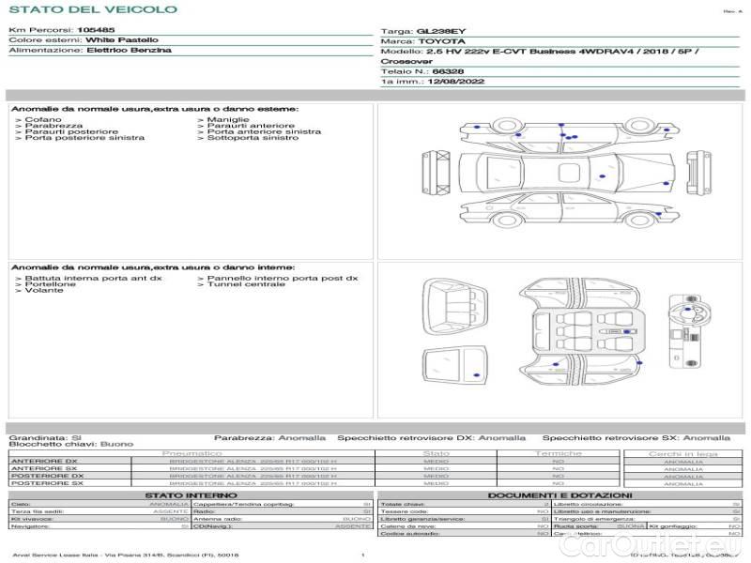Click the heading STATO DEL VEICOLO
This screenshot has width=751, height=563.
point(92,9)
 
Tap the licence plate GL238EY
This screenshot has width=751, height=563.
point(440,31)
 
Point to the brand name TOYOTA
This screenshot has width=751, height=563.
point(439,41)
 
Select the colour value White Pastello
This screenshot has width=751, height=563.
point(122,40)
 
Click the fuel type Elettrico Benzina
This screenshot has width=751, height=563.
point(129,50)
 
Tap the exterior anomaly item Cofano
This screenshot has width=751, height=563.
point(43,120)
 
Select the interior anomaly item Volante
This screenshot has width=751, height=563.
point(44,290)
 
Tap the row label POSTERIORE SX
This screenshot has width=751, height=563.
point(47,483)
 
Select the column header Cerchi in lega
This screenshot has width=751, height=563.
point(683,453)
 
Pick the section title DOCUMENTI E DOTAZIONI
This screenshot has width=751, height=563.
point(559,495)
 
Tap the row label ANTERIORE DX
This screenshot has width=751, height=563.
point(45,461)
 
